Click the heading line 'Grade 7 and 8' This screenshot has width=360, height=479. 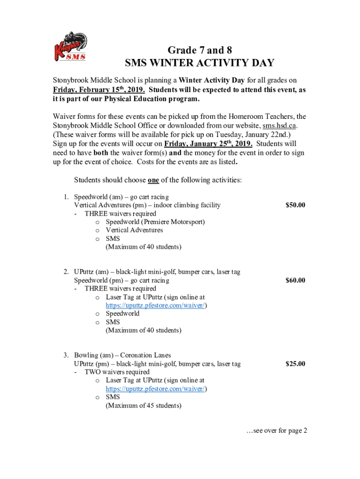[x=200, y=50]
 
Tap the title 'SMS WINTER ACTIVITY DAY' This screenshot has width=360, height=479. [x=200, y=63]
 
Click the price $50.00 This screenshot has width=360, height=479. [x=295, y=205]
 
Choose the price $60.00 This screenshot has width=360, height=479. [x=295, y=280]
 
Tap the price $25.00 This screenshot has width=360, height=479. [x=295, y=363]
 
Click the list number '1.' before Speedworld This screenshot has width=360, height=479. [x=67, y=196]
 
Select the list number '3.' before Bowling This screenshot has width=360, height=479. [x=67, y=355]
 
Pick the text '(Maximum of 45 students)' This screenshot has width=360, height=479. [x=143, y=406]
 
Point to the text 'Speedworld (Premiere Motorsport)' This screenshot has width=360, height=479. [x=155, y=222]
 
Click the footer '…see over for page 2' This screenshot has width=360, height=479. [x=277, y=431]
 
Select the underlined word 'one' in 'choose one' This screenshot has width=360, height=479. [x=152, y=180]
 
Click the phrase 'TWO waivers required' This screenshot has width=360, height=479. [x=117, y=372]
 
